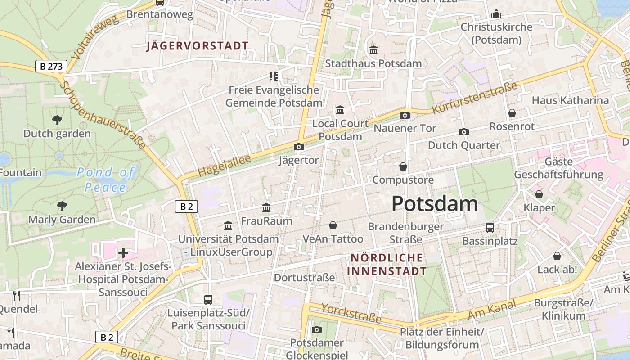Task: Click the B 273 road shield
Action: [51, 67]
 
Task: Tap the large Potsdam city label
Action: [434, 204]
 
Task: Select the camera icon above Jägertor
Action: [298, 147]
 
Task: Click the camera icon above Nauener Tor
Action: [405, 116]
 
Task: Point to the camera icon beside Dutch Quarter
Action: [463, 132]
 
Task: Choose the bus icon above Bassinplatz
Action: [490, 228]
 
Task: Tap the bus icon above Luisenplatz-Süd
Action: [208, 299]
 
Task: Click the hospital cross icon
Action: [123, 253]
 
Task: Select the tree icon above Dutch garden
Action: [57, 120]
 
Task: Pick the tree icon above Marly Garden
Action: [62, 206]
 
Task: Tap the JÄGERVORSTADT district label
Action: [197, 46]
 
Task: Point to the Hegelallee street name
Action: [218, 166]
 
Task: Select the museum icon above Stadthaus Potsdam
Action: [373, 50]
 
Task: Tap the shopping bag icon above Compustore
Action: [403, 166]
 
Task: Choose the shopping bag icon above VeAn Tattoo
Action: [333, 225]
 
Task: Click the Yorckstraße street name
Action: [351, 313]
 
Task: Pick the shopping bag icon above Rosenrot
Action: [512, 113]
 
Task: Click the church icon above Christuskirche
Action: [496, 13]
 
